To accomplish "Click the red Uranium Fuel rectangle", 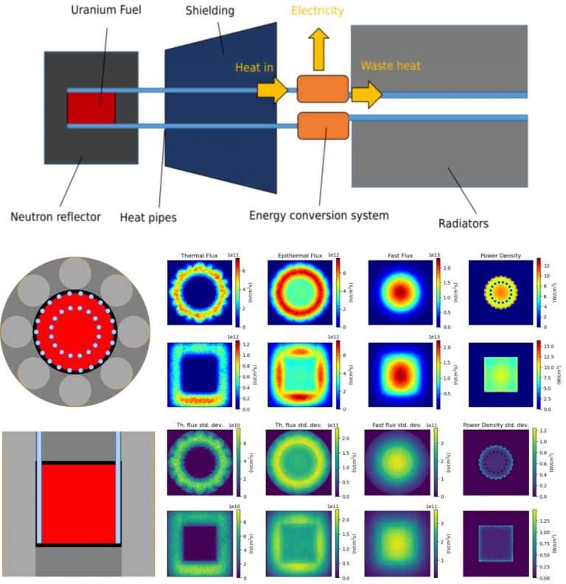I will point(91,108).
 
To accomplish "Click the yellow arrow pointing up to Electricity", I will point(318,53).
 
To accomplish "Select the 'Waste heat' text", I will point(390,66).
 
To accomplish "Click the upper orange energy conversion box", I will point(322,88).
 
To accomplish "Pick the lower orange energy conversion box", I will point(323,125).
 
